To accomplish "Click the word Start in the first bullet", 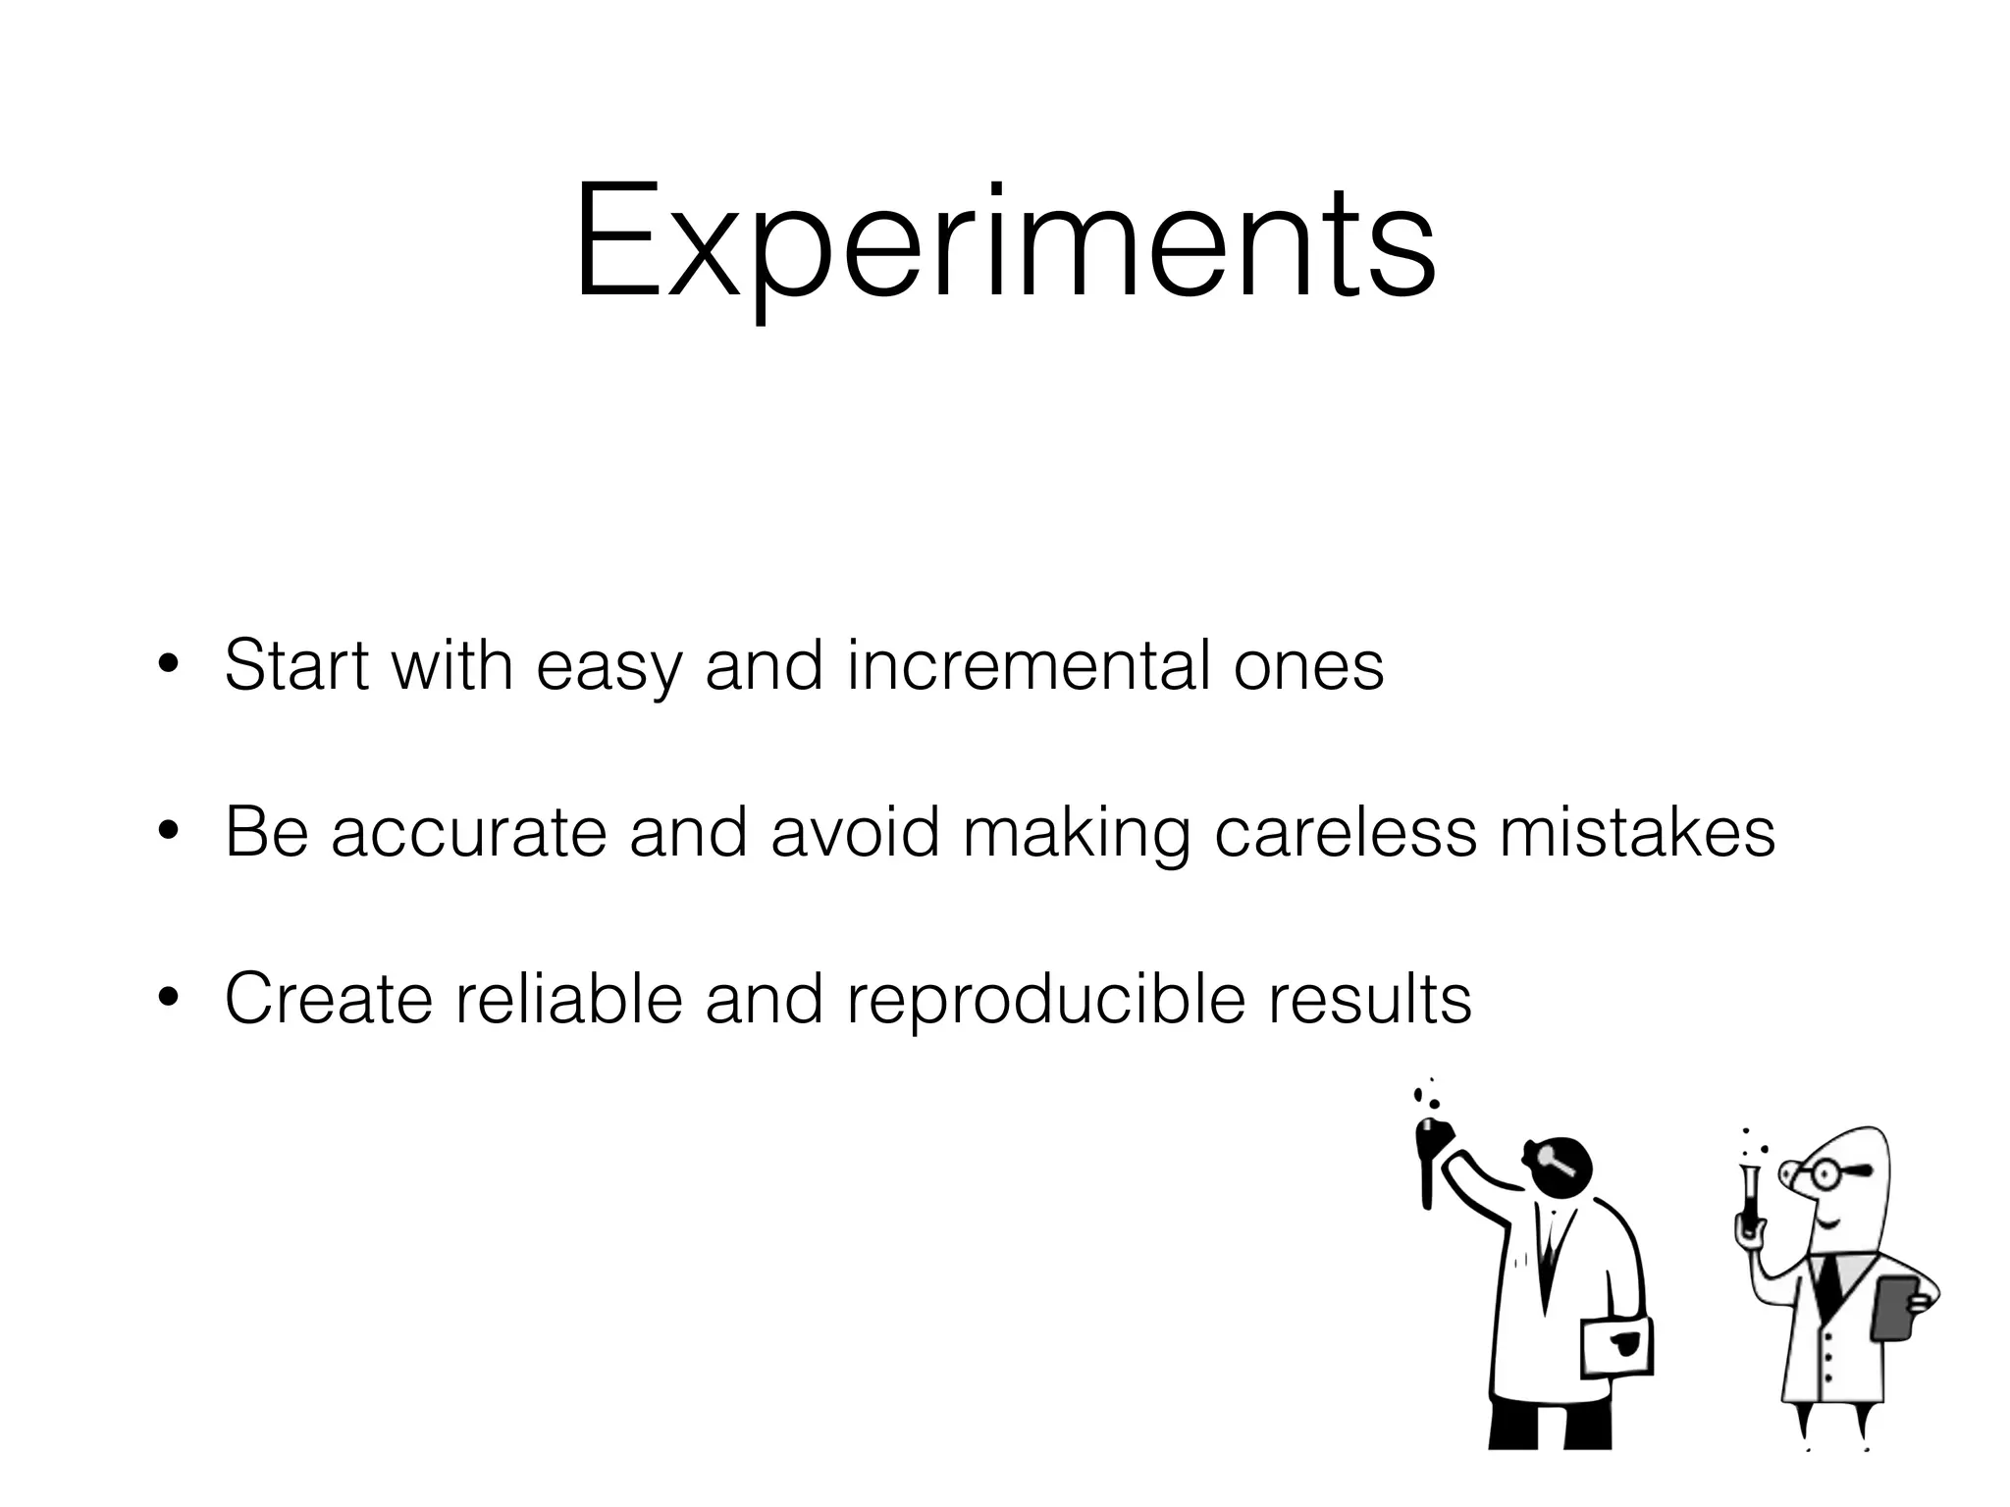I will click(296, 666).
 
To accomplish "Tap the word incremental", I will click(1030, 666).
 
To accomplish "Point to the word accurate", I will click(468, 833).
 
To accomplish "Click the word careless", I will click(1345, 833).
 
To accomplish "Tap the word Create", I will click(328, 1000).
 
